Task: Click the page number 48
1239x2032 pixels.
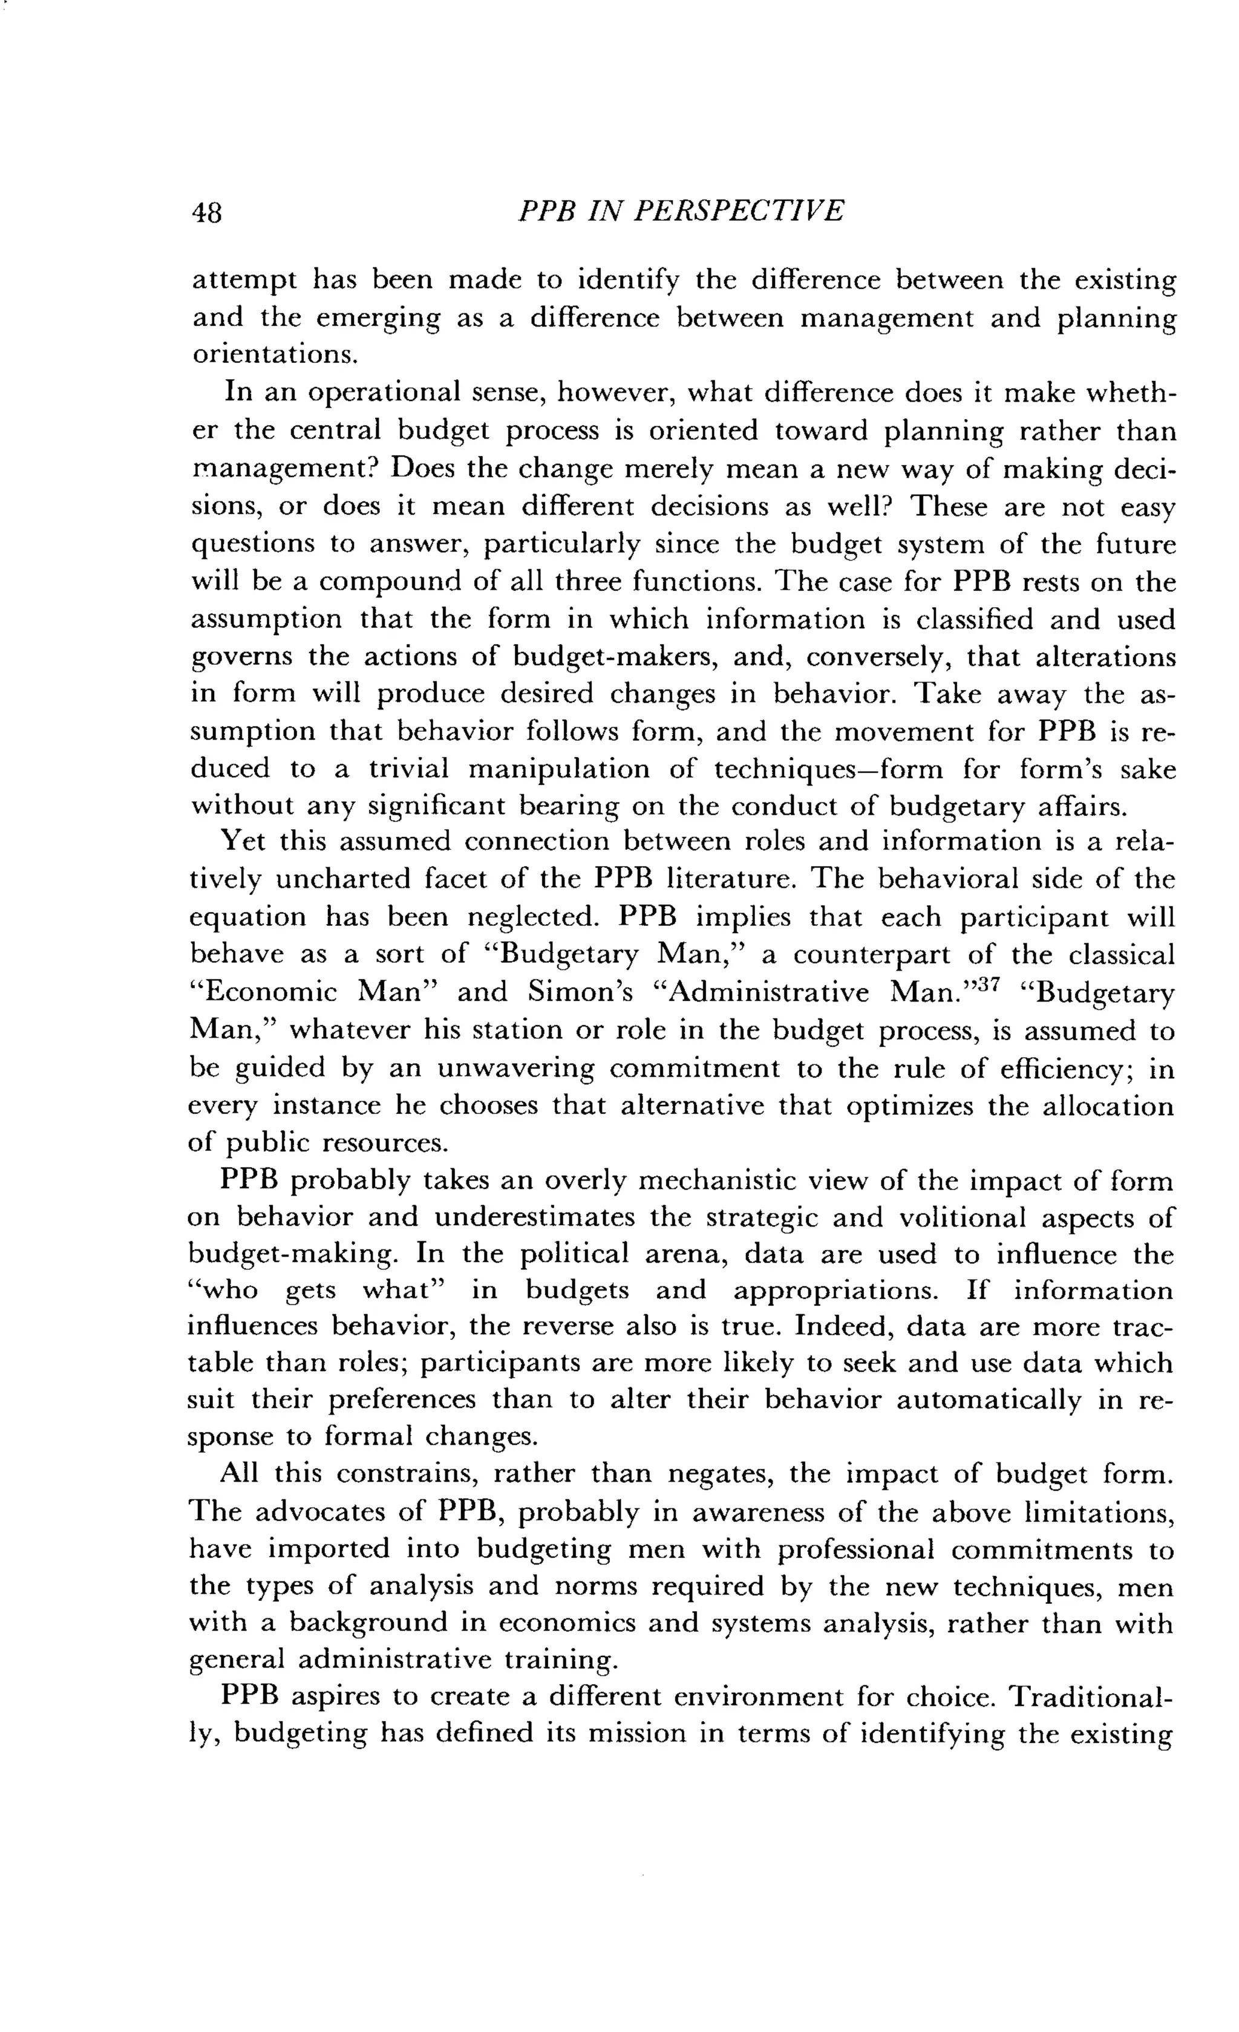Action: click(x=207, y=213)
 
